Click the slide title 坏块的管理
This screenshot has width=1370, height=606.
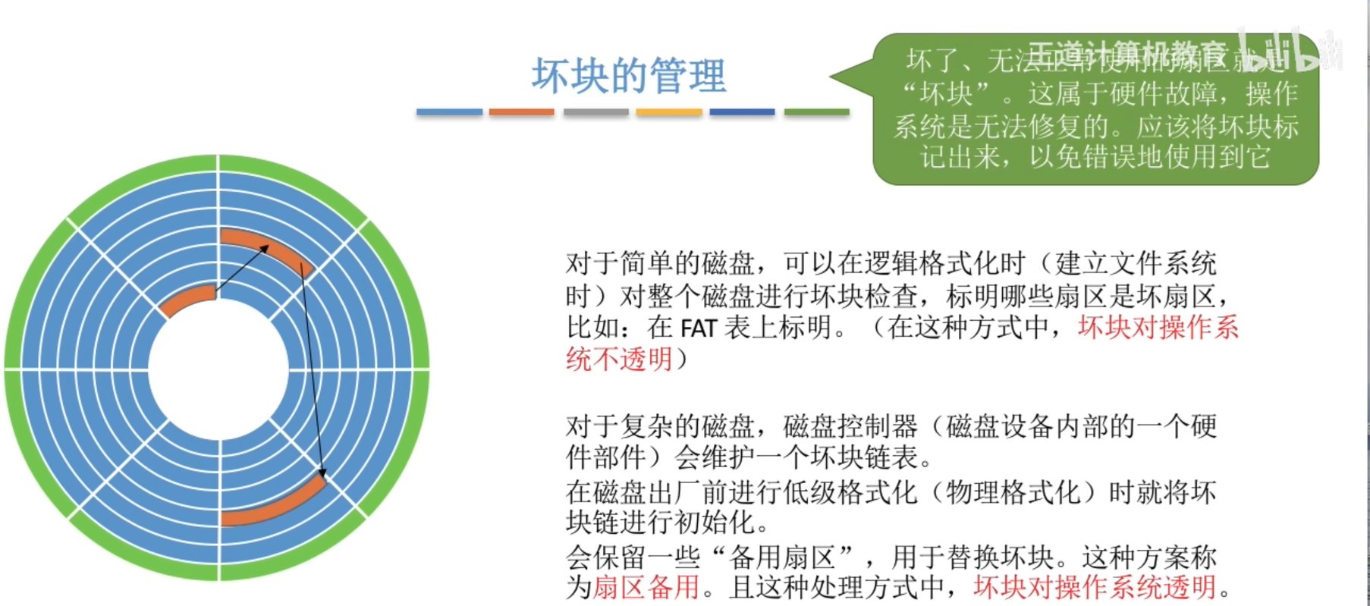coord(629,76)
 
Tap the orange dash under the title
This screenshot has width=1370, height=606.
coord(522,112)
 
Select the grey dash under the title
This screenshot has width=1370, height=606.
coord(596,112)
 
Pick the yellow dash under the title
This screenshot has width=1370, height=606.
coord(669,112)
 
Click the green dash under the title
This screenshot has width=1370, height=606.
coord(816,112)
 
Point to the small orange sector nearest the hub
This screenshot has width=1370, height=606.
coord(187,300)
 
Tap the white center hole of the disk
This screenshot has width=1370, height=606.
coord(218,369)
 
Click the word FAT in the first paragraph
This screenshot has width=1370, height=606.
coord(699,328)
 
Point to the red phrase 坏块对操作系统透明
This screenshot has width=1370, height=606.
coord(1095,587)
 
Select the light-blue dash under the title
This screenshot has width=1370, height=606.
coord(449,112)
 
